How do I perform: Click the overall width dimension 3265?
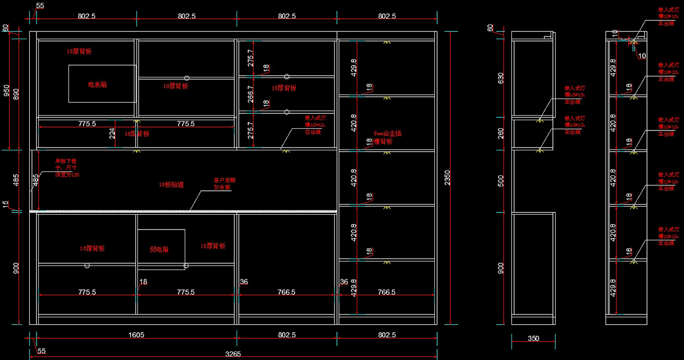pos(233,354)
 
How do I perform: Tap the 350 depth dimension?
pos(533,338)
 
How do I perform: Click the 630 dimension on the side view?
pos(501,77)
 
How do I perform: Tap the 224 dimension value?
pos(113,133)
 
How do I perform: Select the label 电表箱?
pos(97,84)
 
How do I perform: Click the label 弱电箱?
pos(159,249)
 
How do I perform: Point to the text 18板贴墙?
pos(171,185)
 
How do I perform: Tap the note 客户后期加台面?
pos(224,183)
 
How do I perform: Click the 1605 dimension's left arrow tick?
pos(29,340)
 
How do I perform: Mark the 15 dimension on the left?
pos(6,204)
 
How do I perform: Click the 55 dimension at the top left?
pos(40,6)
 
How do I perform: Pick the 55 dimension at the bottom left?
pos(41,351)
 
